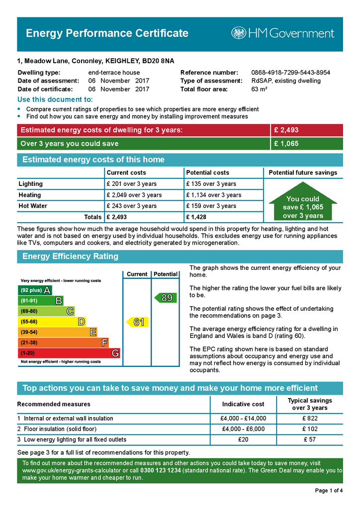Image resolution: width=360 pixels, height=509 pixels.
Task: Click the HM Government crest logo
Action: [239, 33]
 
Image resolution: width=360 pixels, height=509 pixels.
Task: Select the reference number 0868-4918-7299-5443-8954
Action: [290, 73]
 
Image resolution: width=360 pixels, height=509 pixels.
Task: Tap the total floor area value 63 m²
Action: [260, 89]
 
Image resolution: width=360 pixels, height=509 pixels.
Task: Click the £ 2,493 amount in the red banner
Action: [286, 130]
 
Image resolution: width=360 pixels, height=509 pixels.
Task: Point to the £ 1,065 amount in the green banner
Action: [286, 144]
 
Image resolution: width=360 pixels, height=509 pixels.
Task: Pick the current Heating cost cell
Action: [134, 195]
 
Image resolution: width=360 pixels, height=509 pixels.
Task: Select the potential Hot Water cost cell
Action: [211, 206]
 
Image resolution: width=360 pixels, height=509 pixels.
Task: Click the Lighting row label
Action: [31, 184]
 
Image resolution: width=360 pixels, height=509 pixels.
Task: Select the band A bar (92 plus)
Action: [35, 290]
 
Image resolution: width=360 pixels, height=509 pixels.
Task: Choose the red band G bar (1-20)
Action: [69, 353]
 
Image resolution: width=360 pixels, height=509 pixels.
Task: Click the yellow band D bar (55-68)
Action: [52, 322]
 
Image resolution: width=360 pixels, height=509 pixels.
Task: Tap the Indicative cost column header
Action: [243, 404]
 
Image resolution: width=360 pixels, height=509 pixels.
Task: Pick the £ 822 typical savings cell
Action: [309, 419]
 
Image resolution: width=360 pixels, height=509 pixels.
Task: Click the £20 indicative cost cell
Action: [243, 439]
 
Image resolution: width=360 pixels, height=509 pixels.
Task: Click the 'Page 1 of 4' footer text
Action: [329, 491]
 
